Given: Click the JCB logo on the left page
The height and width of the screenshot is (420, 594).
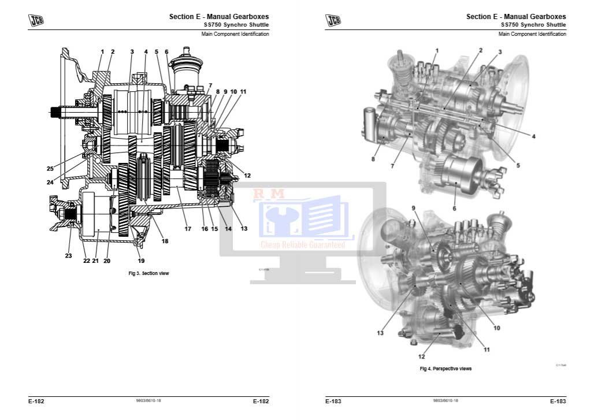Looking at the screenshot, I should pos(36,21).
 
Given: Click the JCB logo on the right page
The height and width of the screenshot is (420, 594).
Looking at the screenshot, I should pos(333,21).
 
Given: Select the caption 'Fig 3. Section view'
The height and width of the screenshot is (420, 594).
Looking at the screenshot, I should pos(148,273).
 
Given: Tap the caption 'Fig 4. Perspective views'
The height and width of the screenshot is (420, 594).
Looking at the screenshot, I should pos(445,369).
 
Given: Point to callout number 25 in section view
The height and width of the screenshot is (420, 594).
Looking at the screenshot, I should pos(50,169).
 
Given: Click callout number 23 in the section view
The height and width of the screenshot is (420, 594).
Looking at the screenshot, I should pos(68,255).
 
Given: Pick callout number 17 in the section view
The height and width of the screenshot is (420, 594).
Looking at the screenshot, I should pos(188,229).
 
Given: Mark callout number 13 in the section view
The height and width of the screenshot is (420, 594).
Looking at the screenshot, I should pos(244,229).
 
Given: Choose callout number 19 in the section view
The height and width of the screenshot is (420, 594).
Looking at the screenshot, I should pos(141,261).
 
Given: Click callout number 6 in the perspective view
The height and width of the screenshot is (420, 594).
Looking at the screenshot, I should pos(454,208).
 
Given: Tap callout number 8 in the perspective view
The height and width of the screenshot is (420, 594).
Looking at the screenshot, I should pos(373,159).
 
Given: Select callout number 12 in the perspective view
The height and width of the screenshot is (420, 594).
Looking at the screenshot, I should pos(421,356).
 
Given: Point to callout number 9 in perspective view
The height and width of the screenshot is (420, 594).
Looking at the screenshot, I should pos(413,208).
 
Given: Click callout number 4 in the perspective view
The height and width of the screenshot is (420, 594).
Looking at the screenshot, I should pos(533,136).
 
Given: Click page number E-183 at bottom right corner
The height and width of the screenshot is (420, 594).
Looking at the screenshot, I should pos(557,401).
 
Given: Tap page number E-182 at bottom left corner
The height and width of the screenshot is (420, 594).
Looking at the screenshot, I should pos(36,401).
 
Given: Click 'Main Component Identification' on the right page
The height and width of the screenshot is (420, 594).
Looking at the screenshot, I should pos(532,34).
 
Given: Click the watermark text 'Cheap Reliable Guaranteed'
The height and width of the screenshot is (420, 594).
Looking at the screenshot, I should pos(303,245).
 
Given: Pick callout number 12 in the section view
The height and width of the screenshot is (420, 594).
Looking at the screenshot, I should pos(247,176).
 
